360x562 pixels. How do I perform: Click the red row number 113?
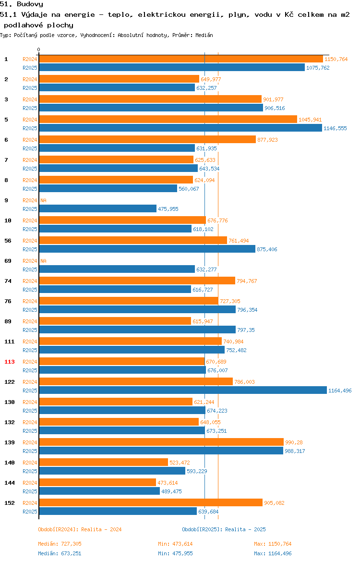pyautogui.click(x=9, y=362)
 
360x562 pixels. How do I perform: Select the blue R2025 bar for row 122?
pyautogui.click(x=183, y=391)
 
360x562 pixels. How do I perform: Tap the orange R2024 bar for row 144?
pyautogui.click(x=97, y=482)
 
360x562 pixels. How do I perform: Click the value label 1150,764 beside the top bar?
pyautogui.click(x=336, y=59)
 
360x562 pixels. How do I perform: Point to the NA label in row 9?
pyautogui.click(x=43, y=200)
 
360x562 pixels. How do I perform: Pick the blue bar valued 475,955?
pyautogui.click(x=98, y=208)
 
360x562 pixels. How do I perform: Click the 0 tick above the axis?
pyautogui.click(x=39, y=50)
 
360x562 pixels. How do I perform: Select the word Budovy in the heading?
pyautogui.click(x=30, y=4)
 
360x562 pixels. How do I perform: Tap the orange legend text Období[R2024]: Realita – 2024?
pyautogui.click(x=80, y=529)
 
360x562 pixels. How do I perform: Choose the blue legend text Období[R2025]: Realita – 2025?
pyautogui.click(x=224, y=529)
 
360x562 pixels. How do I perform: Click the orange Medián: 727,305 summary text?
pyautogui.click(x=60, y=544)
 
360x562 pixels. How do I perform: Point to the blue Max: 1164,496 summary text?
pyautogui.click(x=273, y=553)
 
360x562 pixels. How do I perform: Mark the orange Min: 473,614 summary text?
pyautogui.click(x=176, y=544)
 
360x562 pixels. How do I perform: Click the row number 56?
pyautogui.click(x=8, y=241)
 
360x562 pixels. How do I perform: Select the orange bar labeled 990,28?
pyautogui.click(x=161, y=442)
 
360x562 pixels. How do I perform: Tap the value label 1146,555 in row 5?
pyautogui.click(x=336, y=128)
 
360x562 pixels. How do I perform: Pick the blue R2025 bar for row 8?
pyautogui.click(x=108, y=188)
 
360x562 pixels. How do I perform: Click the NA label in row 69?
pyautogui.click(x=43, y=261)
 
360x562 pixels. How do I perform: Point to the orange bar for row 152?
pyautogui.click(x=151, y=502)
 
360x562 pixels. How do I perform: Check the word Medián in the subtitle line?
pyautogui.click(x=204, y=35)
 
